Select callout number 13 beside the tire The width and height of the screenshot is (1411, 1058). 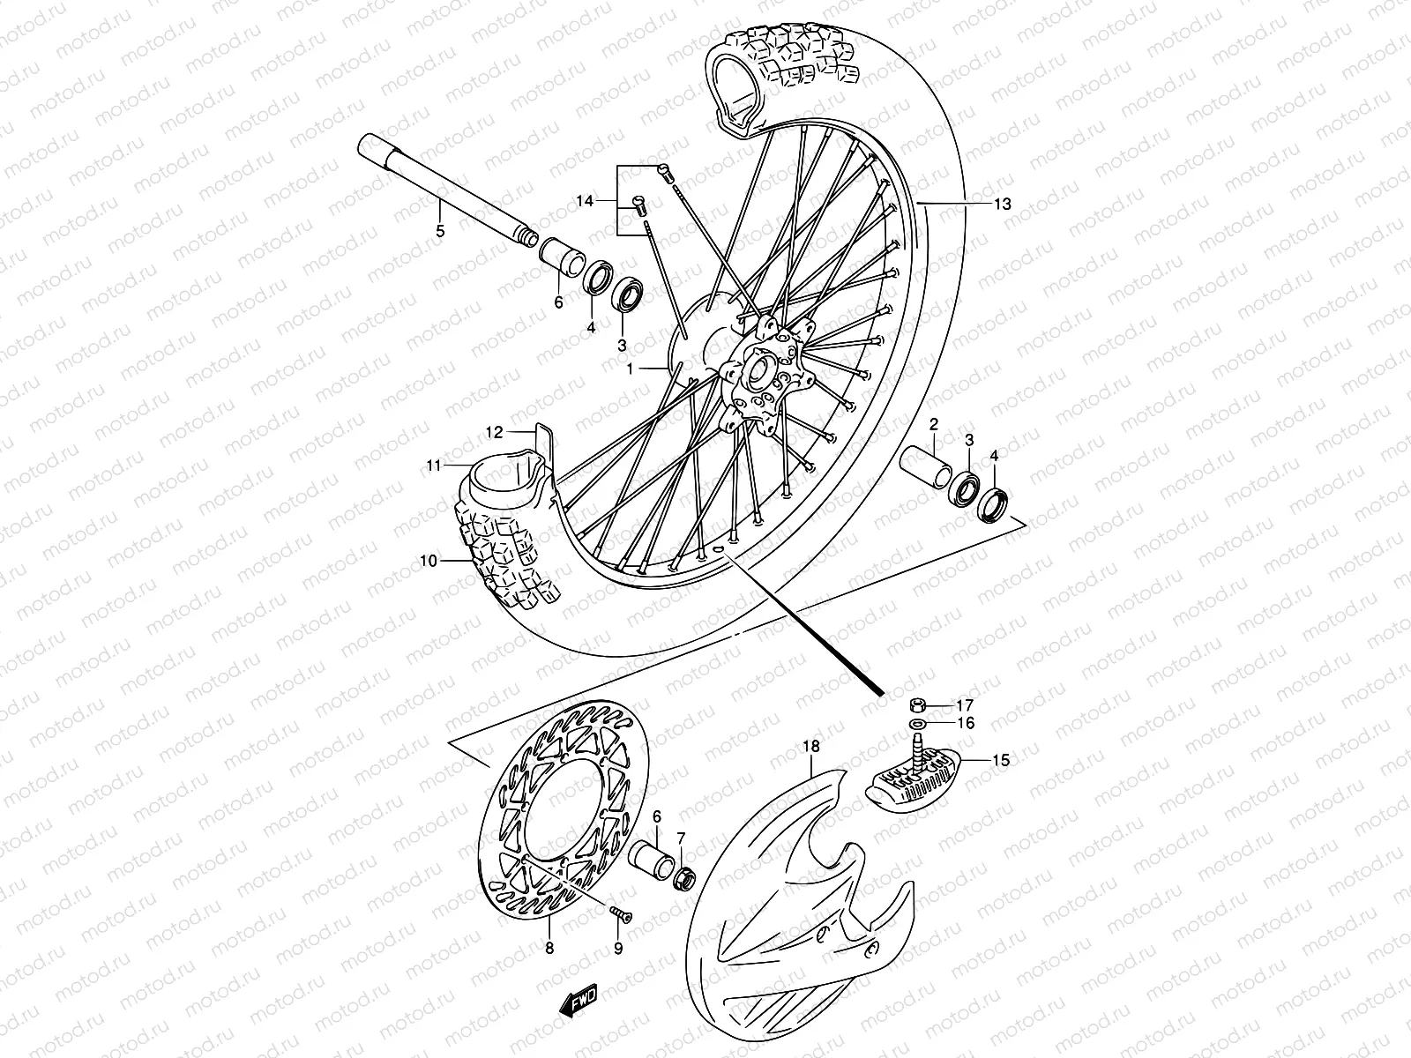click(x=1002, y=205)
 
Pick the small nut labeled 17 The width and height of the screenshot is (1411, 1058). click(x=918, y=704)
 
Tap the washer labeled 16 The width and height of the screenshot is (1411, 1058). click(x=918, y=724)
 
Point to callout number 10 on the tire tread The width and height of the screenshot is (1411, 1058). click(x=428, y=560)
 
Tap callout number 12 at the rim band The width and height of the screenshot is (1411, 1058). click(x=494, y=432)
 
